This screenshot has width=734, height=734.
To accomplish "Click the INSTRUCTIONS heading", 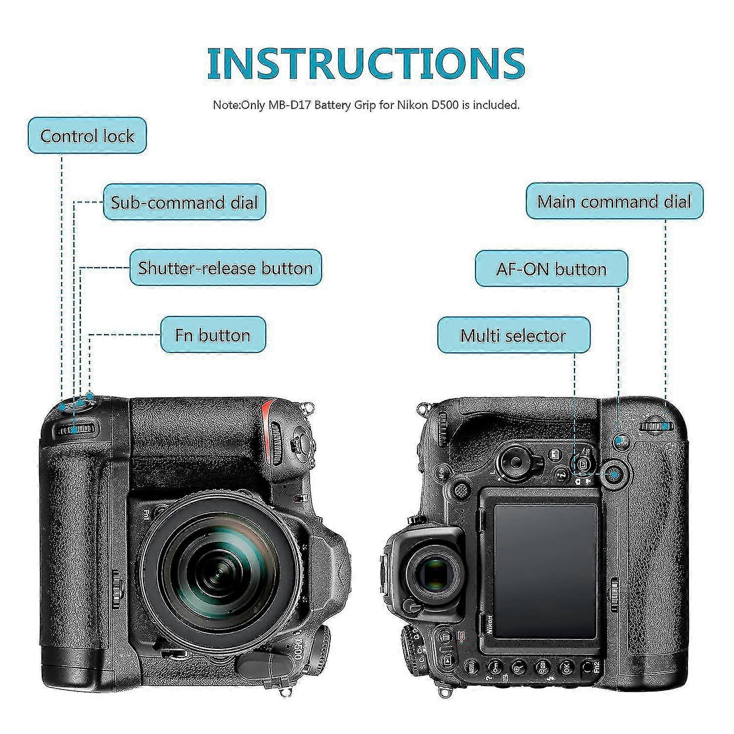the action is [x=366, y=64].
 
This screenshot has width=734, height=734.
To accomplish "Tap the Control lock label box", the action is [x=87, y=136].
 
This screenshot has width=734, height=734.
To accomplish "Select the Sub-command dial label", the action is [x=184, y=202].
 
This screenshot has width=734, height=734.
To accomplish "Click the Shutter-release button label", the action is [x=226, y=268].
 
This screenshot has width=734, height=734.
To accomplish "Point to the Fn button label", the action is [x=213, y=335].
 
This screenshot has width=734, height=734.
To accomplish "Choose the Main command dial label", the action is [x=614, y=201].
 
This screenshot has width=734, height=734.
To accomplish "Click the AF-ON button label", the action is [x=551, y=269].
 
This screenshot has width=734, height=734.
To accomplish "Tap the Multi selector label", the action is [x=513, y=335].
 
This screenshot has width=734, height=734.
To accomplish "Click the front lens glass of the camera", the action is [x=211, y=568].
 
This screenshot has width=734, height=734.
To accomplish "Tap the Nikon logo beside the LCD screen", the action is [x=489, y=624].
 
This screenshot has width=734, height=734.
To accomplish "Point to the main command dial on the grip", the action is [x=656, y=426].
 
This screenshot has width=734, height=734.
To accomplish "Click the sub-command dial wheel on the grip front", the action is [x=76, y=430].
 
